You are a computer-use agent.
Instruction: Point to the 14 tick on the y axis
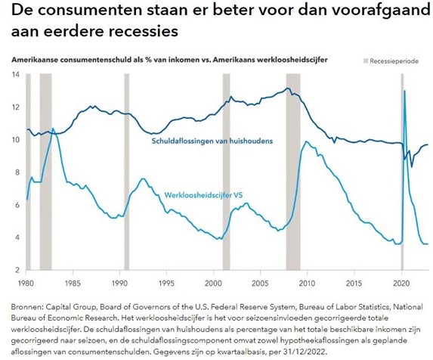point(15,74)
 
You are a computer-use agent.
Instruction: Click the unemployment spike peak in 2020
point(404,92)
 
